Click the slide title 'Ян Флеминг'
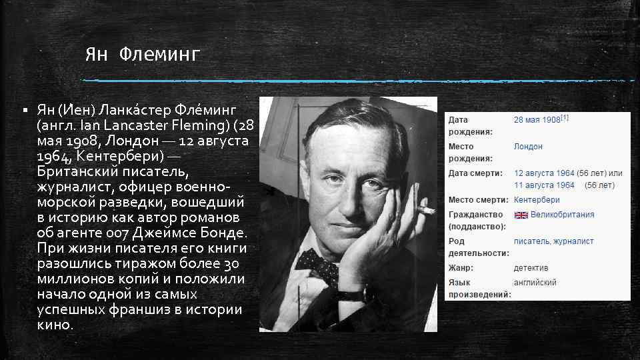point(142,55)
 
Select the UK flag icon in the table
point(521,215)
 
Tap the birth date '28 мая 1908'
point(536,120)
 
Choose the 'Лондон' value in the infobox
point(528,147)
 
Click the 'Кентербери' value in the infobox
point(537,200)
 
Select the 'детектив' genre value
point(531,268)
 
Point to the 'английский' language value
point(535,283)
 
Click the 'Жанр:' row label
point(461,268)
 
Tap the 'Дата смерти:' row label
point(475,173)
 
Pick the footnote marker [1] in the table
point(565,117)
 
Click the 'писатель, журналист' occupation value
point(553,241)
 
